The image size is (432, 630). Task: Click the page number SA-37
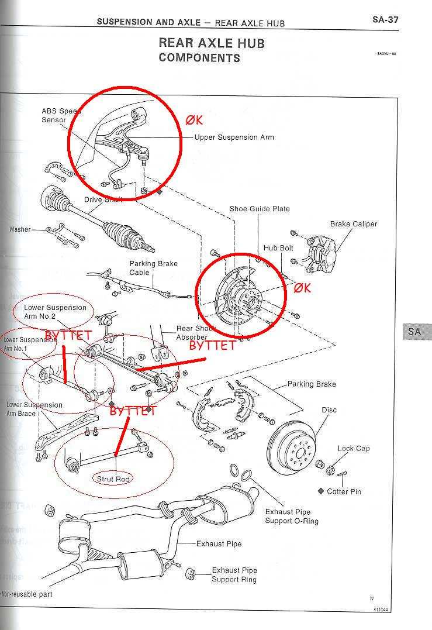pyautogui.click(x=386, y=19)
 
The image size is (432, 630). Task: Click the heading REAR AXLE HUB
pyautogui.click(x=211, y=43)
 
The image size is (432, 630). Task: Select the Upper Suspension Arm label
pyautogui.click(x=234, y=137)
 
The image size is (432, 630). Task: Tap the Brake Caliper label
pyautogui.click(x=354, y=224)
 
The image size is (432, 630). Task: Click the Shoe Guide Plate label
pyautogui.click(x=260, y=209)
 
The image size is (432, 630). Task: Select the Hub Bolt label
pyautogui.click(x=278, y=248)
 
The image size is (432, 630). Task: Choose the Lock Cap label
pyautogui.click(x=353, y=449)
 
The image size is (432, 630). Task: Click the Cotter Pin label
pyautogui.click(x=344, y=491)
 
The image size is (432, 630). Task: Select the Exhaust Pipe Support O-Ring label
pyautogui.click(x=292, y=516)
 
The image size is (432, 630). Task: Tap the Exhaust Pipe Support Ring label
pyautogui.click(x=234, y=574)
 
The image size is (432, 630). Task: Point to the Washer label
pyautogui.click(x=20, y=229)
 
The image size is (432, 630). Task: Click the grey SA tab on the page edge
pyautogui.click(x=414, y=332)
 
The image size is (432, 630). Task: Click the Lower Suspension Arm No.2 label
pyautogui.click(x=55, y=312)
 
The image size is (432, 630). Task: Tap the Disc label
pyautogui.click(x=329, y=410)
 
